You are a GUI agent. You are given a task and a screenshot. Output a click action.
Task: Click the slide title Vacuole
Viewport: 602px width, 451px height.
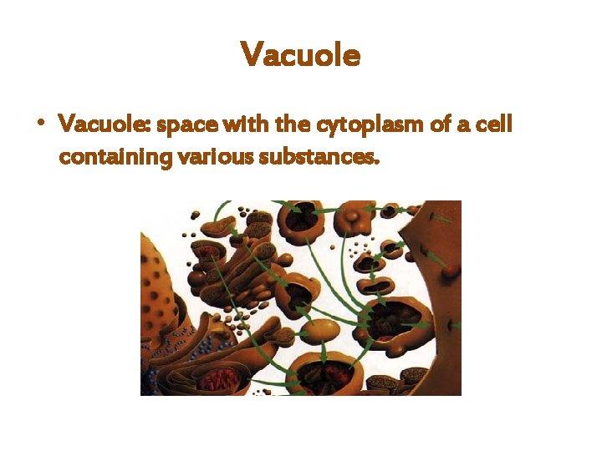point(300,55)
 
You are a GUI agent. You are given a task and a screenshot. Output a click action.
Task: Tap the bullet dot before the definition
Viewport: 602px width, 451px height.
point(39,123)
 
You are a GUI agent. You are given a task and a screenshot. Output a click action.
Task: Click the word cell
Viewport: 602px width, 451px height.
point(494,124)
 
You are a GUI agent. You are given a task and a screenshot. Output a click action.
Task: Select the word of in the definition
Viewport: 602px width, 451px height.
point(436,124)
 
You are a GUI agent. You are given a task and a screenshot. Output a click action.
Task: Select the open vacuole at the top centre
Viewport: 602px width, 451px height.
point(301,218)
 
